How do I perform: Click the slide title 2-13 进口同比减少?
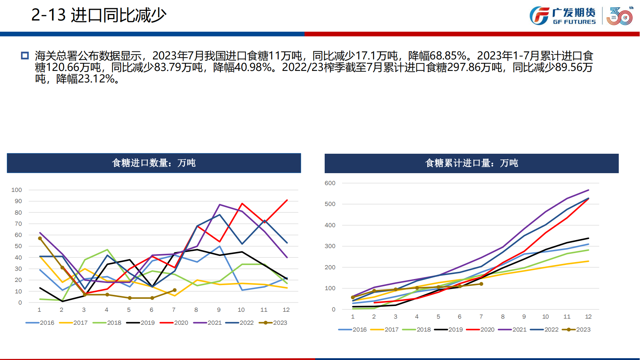coord(99,15)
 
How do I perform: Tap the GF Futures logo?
coord(563,16)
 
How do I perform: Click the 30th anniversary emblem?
coord(619,16)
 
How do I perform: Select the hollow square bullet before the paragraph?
coord(25,56)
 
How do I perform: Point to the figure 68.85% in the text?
coord(448,56)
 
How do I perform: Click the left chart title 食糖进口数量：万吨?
coord(154,163)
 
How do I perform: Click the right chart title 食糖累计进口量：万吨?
coord(472,163)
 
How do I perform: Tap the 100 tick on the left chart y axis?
coord(17,190)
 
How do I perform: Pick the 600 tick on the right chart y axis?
coord(330,183)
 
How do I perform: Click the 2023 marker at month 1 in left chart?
coord(40,238)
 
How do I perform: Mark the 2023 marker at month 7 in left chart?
coord(175,290)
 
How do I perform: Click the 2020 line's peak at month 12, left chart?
coord(287,200)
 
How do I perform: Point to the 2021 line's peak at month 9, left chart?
coord(220,205)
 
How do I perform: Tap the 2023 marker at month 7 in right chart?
coord(481,284)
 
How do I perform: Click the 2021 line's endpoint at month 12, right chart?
coord(589,190)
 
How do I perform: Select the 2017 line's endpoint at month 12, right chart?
coord(589,261)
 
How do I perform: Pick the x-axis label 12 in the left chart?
coord(286,310)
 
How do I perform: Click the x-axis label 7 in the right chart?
coord(481,316)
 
